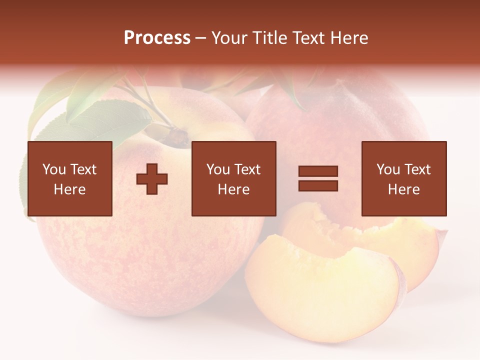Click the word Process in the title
[x=157, y=38]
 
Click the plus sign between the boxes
[x=152, y=178]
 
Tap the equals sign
[x=318, y=178]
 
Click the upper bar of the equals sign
[x=318, y=171]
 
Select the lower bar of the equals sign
[x=318, y=185]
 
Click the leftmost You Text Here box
[x=69, y=178]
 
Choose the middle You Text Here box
[x=233, y=178]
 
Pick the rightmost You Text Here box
[x=404, y=178]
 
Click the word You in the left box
[x=53, y=169]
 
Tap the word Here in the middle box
[x=233, y=189]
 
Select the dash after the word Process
[x=201, y=38]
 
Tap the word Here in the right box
[x=404, y=189]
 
